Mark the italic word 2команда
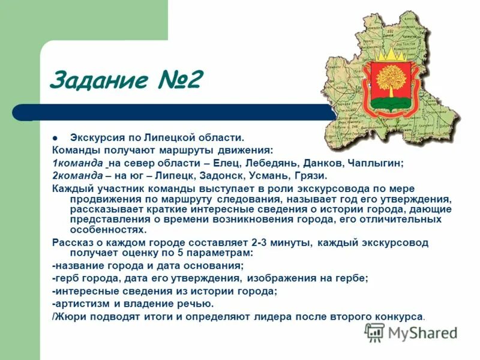[77, 176]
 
